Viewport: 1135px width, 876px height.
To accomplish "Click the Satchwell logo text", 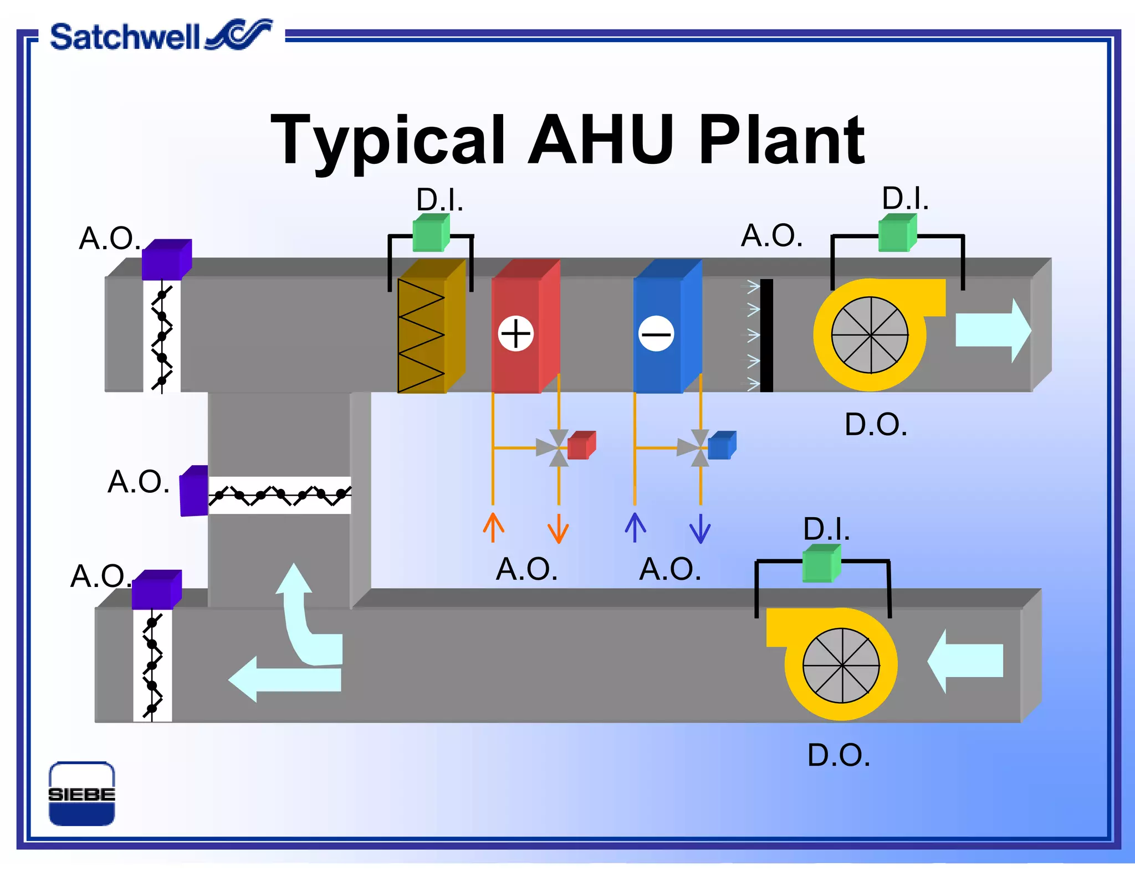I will (x=125, y=38).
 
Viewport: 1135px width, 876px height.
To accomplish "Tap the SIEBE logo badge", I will (x=81, y=793).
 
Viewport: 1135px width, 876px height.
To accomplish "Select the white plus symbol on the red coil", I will (x=515, y=334).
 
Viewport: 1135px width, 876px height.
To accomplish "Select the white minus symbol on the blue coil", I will (x=656, y=334).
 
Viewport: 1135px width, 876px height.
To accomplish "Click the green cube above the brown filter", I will (x=431, y=233).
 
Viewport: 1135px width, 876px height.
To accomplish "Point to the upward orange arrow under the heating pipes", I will (x=493, y=527).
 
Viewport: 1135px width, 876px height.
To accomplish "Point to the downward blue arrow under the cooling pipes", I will (x=700, y=529).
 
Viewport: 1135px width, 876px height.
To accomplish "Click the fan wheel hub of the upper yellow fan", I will (x=870, y=335).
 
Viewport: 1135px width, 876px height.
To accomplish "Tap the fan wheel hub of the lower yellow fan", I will (x=841, y=665).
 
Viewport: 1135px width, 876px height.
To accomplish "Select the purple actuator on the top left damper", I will (x=166, y=260).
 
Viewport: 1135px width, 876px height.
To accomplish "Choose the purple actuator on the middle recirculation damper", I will (x=194, y=491).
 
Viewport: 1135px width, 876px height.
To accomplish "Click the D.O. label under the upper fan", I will (x=876, y=425).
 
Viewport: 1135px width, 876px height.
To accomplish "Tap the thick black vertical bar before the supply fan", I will (x=766, y=335).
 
